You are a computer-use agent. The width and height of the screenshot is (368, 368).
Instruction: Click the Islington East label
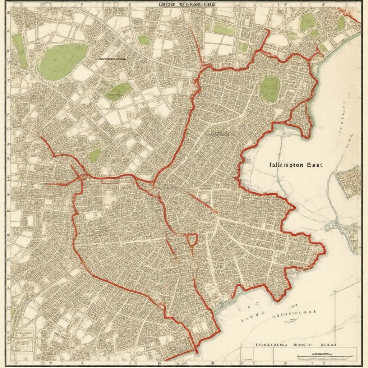[296, 165]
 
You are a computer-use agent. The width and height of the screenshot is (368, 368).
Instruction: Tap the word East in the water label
[315, 165]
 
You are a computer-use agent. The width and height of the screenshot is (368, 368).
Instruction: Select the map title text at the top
[187, 5]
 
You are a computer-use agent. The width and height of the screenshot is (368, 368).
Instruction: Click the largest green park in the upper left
[63, 61]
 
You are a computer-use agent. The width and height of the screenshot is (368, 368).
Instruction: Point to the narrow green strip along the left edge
[20, 50]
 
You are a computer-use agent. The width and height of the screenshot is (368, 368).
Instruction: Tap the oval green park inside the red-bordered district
[270, 88]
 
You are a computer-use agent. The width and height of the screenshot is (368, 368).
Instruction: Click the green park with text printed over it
[119, 92]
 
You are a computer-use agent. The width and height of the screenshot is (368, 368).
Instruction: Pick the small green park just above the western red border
[95, 156]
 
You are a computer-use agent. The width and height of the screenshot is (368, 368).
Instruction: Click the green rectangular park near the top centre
[224, 29]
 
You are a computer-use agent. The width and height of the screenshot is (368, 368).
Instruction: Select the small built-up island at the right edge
[349, 181]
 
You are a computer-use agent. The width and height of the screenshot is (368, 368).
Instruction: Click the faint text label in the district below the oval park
[218, 133]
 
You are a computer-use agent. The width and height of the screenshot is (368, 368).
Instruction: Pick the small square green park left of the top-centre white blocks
[144, 40]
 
